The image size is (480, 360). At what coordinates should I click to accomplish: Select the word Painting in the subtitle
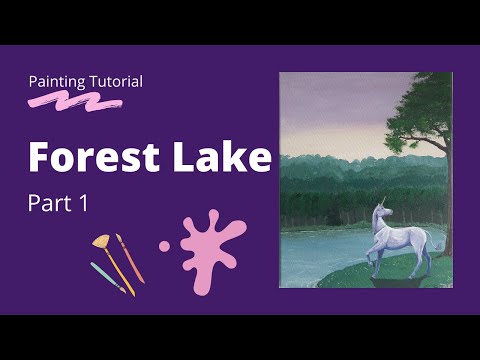[x=56, y=80]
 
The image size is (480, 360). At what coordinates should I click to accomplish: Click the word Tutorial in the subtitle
[x=115, y=80]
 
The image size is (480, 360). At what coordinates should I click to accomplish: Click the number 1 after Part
[x=85, y=204]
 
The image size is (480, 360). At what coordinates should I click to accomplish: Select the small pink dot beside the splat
[x=164, y=245]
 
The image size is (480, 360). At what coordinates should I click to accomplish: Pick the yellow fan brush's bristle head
[x=101, y=243]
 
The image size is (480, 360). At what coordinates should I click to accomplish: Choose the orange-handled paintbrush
[x=130, y=257]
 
